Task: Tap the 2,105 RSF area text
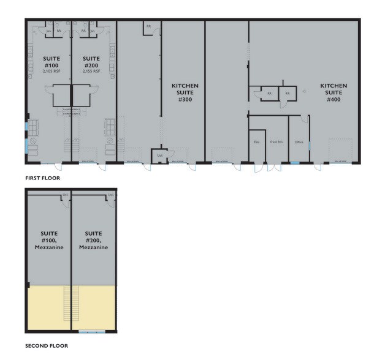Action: [51, 71]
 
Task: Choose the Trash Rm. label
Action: [275, 141]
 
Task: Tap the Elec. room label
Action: [257, 141]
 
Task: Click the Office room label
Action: [299, 141]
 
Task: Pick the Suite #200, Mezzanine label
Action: [93, 240]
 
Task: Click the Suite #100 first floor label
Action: [51, 61]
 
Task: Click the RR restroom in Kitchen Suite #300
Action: [148, 26]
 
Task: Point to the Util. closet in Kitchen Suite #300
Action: [159, 155]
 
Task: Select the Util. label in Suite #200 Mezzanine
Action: [110, 196]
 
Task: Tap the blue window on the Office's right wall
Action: [310, 146]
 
